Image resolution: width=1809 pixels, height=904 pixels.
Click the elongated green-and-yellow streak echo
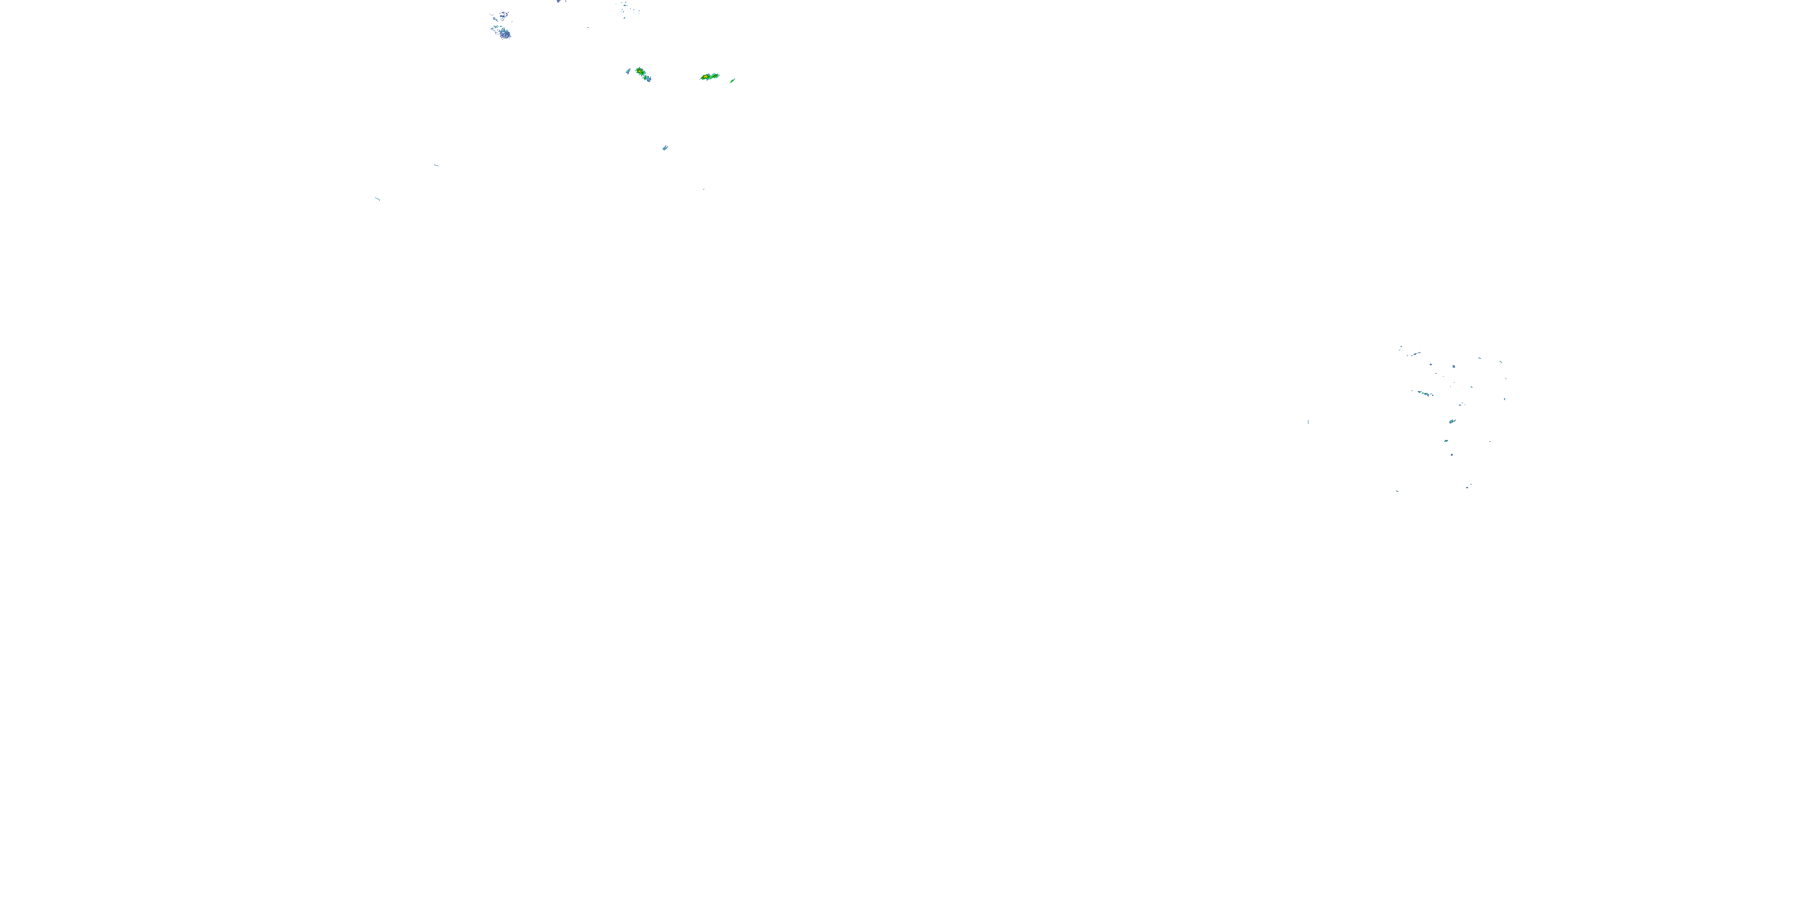(710, 77)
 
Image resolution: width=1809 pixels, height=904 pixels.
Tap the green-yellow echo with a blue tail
(641, 73)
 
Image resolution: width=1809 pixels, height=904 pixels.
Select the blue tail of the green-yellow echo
(648, 78)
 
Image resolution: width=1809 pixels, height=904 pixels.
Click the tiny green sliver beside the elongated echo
(733, 81)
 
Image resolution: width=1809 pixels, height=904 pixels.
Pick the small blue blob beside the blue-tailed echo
(628, 71)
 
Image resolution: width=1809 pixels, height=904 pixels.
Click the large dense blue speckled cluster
(502, 31)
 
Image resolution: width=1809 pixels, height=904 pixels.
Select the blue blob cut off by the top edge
(560, 1)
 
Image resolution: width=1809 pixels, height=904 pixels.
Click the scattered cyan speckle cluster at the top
(627, 8)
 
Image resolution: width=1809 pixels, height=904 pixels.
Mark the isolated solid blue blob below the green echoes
(665, 148)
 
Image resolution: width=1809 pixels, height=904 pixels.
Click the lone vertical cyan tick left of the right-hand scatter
(1307, 421)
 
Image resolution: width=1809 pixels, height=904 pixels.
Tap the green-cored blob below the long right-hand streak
(1451, 421)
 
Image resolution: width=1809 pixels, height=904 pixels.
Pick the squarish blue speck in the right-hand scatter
(1453, 366)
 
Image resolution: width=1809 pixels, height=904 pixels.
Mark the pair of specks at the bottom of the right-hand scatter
(1468, 486)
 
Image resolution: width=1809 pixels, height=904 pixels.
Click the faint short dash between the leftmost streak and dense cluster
(436, 165)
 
